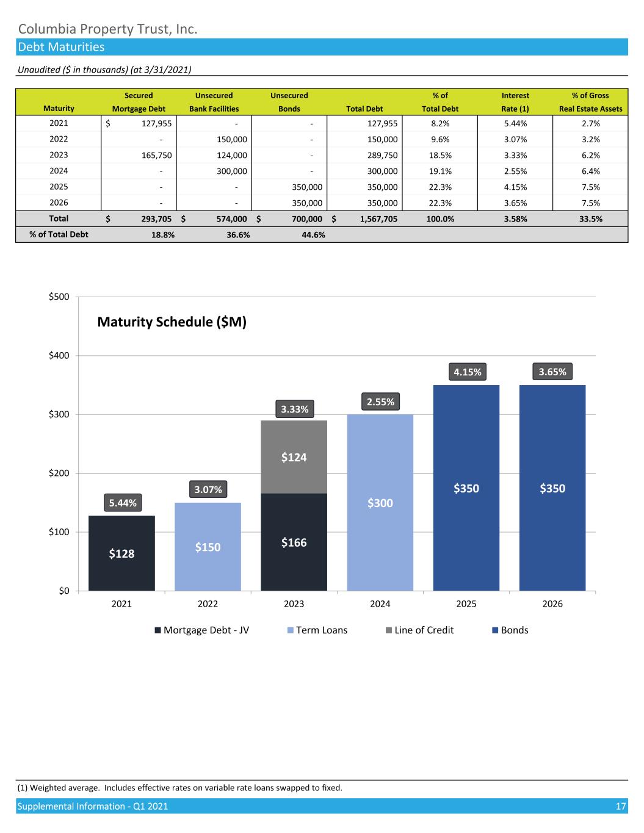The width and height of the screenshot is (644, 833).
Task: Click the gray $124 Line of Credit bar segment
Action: pyautogui.click(x=294, y=456)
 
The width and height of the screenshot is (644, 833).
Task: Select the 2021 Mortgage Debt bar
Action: pyautogui.click(x=121, y=553)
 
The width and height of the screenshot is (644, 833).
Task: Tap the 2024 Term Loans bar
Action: pyautogui.click(x=380, y=502)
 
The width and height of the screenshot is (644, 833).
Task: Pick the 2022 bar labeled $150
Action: pyautogui.click(x=208, y=547)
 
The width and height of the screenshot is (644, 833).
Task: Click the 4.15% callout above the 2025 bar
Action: pyautogui.click(x=466, y=371)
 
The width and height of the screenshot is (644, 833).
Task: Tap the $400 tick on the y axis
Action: pyautogui.click(x=59, y=355)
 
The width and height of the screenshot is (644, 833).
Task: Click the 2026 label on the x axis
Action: pyautogui.click(x=552, y=604)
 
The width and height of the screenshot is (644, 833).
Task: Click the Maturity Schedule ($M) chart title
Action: pyautogui.click(x=172, y=322)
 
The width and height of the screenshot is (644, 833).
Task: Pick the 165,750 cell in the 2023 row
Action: pyautogui.click(x=157, y=155)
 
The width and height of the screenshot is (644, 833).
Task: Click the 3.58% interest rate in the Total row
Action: pyautogui.click(x=515, y=218)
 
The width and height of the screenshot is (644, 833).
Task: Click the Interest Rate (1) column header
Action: pyautogui.click(x=515, y=102)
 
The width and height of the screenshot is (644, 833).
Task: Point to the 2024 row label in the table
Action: pyautogui.click(x=59, y=171)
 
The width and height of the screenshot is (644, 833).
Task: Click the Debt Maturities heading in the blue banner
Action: pyautogui.click(x=61, y=47)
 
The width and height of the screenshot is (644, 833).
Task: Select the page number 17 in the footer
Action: pyautogui.click(x=621, y=806)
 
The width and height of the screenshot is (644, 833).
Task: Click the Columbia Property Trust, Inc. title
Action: pyautogui.click(x=107, y=29)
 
